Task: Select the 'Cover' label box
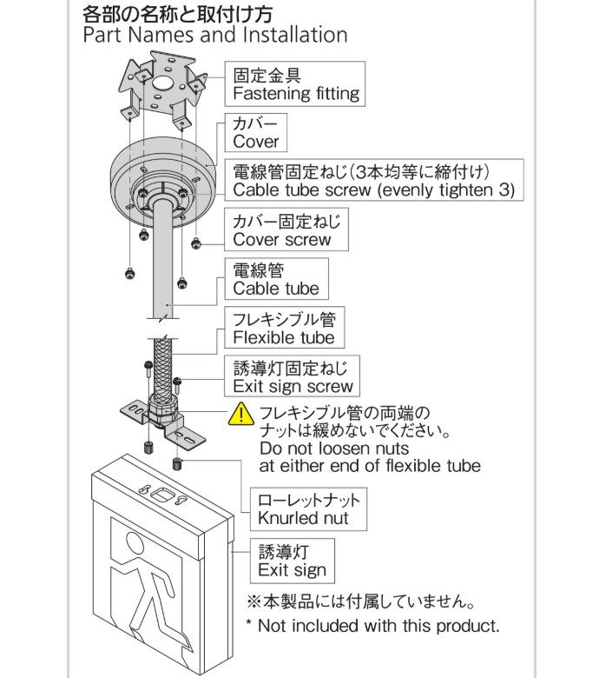pos(256,132)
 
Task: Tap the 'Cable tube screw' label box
pos(374,181)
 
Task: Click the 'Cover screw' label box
pos(286,229)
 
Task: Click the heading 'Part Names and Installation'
pos(214,36)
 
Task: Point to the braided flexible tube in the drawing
pos(161,365)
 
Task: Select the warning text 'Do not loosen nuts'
pos(334,449)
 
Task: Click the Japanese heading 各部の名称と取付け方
pos(177,13)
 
